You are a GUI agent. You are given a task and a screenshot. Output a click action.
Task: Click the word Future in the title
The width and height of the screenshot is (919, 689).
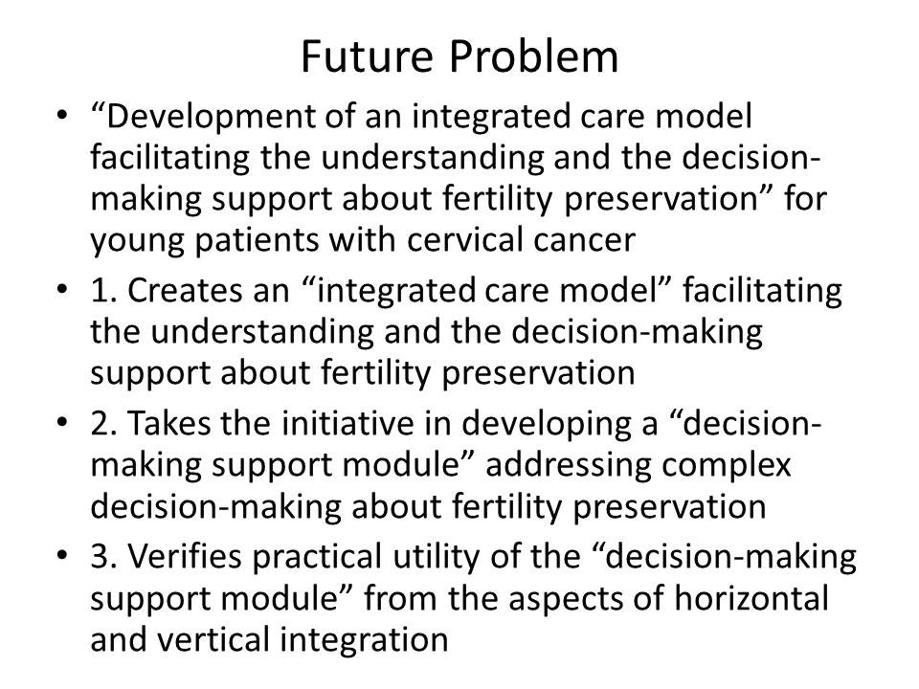point(367,56)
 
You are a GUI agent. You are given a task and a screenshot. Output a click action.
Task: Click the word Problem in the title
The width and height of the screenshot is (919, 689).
point(534,56)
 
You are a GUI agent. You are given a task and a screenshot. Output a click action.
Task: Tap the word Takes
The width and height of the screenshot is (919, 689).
point(168,423)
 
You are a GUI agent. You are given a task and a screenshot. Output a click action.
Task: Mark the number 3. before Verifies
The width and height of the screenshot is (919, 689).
point(103,557)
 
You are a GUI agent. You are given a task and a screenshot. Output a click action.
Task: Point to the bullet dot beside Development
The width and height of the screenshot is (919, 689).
point(63,115)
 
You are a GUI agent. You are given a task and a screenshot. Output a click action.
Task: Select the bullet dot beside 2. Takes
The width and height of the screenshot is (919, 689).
point(63,422)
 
